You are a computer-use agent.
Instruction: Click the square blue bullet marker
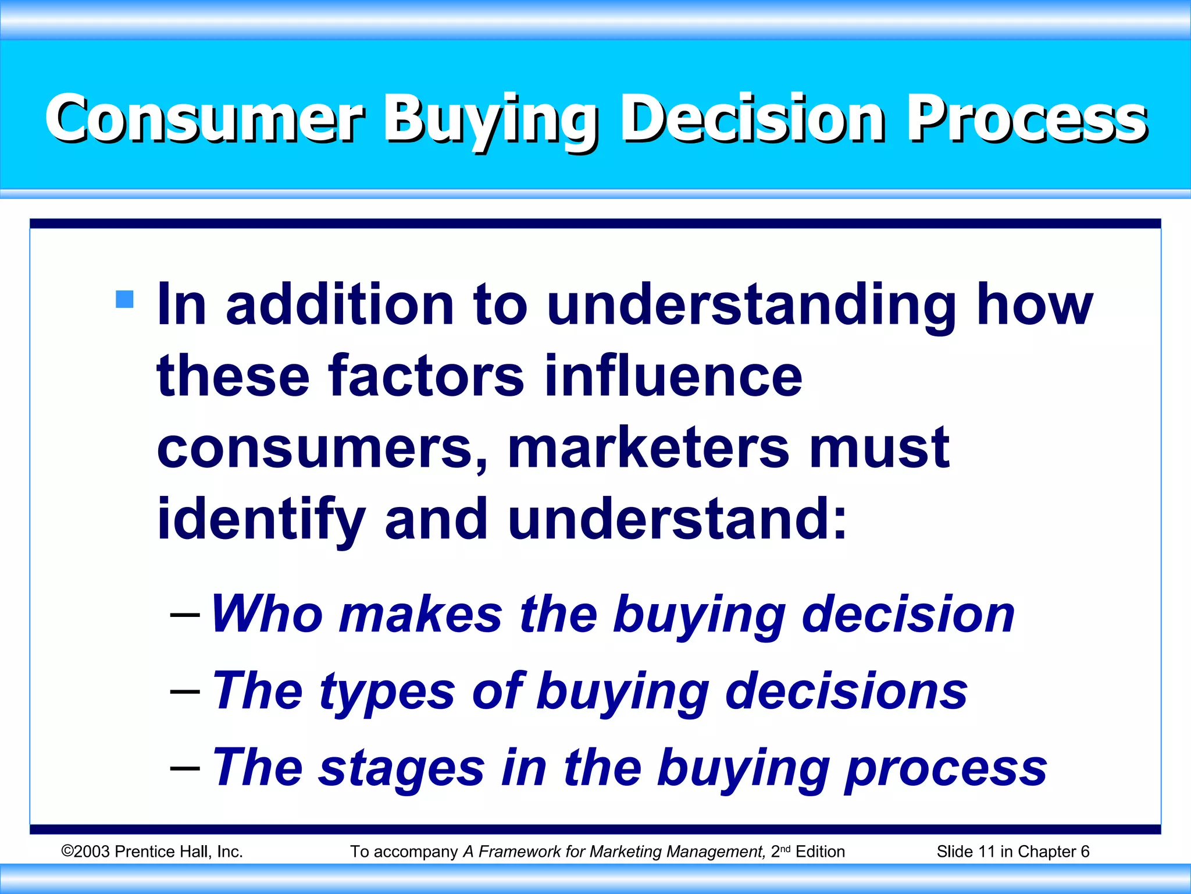pyautogui.click(x=124, y=299)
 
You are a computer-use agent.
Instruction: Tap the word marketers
pyautogui.click(x=648, y=448)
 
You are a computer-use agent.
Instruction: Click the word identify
pyautogui.click(x=261, y=520)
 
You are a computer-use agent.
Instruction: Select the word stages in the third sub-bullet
pyautogui.click(x=402, y=768)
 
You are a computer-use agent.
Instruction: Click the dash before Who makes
pyautogui.click(x=185, y=615)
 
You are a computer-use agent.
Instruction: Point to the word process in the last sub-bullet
pyautogui.click(x=946, y=768)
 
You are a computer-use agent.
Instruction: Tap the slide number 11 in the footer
pyautogui.click(x=986, y=852)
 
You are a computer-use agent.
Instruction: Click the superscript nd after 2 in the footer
pyautogui.click(x=785, y=849)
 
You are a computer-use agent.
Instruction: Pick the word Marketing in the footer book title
pyautogui.click(x=626, y=852)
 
